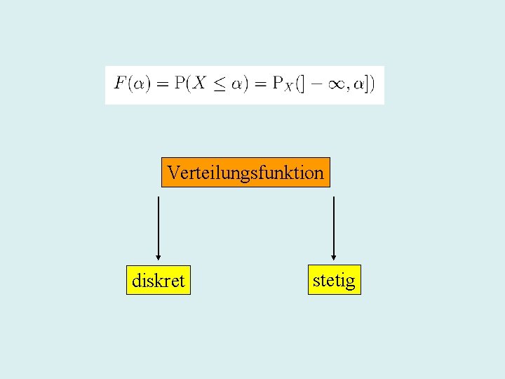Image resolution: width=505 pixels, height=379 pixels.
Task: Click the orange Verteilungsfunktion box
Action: pos(245,172)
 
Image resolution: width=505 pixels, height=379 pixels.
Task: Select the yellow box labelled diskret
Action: pos(158,280)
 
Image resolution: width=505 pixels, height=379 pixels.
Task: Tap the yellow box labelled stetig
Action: pos(334,279)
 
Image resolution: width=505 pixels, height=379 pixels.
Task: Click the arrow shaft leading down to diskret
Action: pos(159,225)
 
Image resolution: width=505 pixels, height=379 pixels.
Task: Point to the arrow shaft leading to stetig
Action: pos(334,225)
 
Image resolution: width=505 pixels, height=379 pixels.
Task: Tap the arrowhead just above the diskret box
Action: pos(159,257)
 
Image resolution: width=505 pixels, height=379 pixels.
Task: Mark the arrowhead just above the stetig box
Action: pos(334,256)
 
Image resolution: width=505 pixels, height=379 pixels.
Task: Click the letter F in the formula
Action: pos(121,84)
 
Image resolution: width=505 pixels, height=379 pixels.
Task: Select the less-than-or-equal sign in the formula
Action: pos(221,84)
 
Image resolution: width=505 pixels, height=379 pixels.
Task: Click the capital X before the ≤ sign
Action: pos(200,84)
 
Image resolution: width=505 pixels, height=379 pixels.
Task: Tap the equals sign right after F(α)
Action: pos(163,84)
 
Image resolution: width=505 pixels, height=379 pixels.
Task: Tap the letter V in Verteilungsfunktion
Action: pos(173,172)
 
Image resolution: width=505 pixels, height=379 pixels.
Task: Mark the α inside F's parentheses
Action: pos(141,85)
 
